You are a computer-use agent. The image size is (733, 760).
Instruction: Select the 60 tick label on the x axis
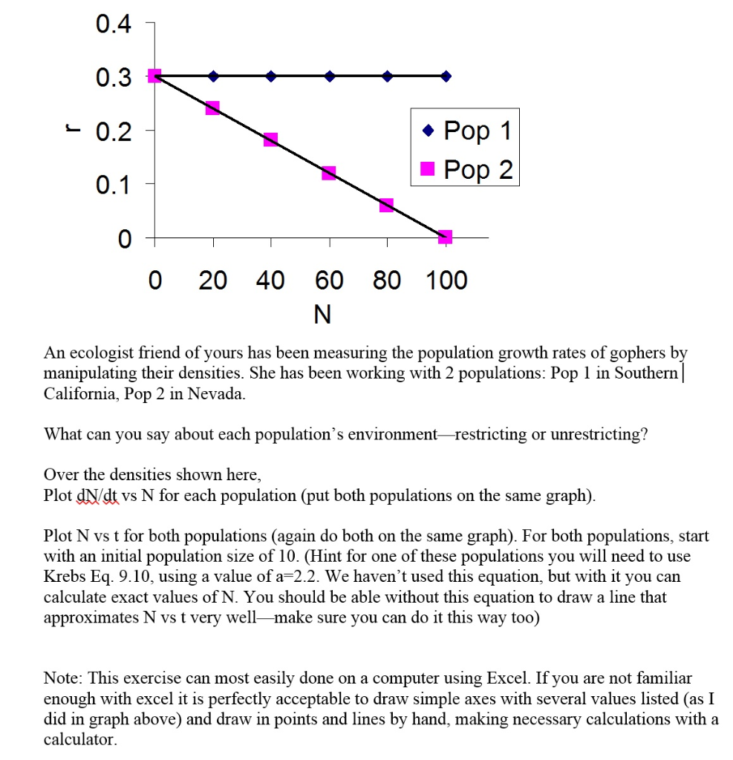click(329, 281)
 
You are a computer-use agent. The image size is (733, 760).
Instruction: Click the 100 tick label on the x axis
click(446, 281)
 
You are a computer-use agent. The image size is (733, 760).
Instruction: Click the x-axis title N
click(322, 315)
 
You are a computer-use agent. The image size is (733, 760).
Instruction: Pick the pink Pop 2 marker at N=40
click(270, 140)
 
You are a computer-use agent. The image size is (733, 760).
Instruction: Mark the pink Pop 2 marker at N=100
click(445, 237)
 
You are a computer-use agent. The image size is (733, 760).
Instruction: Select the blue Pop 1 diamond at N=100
click(445, 76)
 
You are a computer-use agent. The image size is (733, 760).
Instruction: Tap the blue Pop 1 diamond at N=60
click(329, 76)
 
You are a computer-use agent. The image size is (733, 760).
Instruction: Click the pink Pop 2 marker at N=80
click(386, 205)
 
